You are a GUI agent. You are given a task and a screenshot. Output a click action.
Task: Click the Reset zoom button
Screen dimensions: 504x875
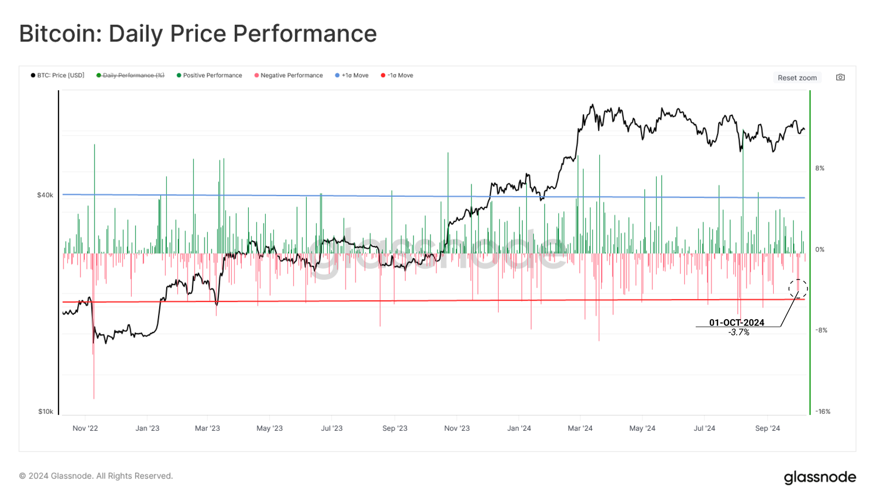coord(797,78)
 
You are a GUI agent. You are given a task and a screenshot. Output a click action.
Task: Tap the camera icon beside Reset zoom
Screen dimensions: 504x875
coord(840,78)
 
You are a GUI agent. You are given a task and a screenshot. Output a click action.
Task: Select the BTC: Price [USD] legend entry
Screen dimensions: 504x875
coord(58,75)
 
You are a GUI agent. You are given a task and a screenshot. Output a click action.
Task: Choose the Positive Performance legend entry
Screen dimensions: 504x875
coord(209,75)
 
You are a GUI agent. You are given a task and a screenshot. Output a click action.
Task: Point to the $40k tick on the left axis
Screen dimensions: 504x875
coord(45,195)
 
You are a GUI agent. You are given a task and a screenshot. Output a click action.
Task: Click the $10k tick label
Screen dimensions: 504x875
coord(45,412)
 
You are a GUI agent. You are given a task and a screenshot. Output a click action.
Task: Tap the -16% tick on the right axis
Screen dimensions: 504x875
coord(822,412)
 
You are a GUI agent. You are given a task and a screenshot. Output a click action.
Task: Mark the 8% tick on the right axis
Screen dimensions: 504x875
coord(820,168)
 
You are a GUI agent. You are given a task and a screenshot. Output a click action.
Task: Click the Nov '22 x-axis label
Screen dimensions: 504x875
coord(85,428)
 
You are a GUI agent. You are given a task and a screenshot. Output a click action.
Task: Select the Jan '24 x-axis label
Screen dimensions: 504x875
coord(519,428)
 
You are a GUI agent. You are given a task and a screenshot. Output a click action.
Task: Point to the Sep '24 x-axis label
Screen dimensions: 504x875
coord(767,428)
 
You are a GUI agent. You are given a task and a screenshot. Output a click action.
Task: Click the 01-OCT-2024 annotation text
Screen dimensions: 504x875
coord(737,323)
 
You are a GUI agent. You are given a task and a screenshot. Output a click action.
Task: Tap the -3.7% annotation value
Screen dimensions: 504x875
coord(739,332)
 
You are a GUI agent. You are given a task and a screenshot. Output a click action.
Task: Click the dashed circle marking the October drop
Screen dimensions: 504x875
coord(798,289)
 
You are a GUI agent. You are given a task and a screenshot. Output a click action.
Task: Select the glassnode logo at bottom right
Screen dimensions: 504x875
coord(820,477)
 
